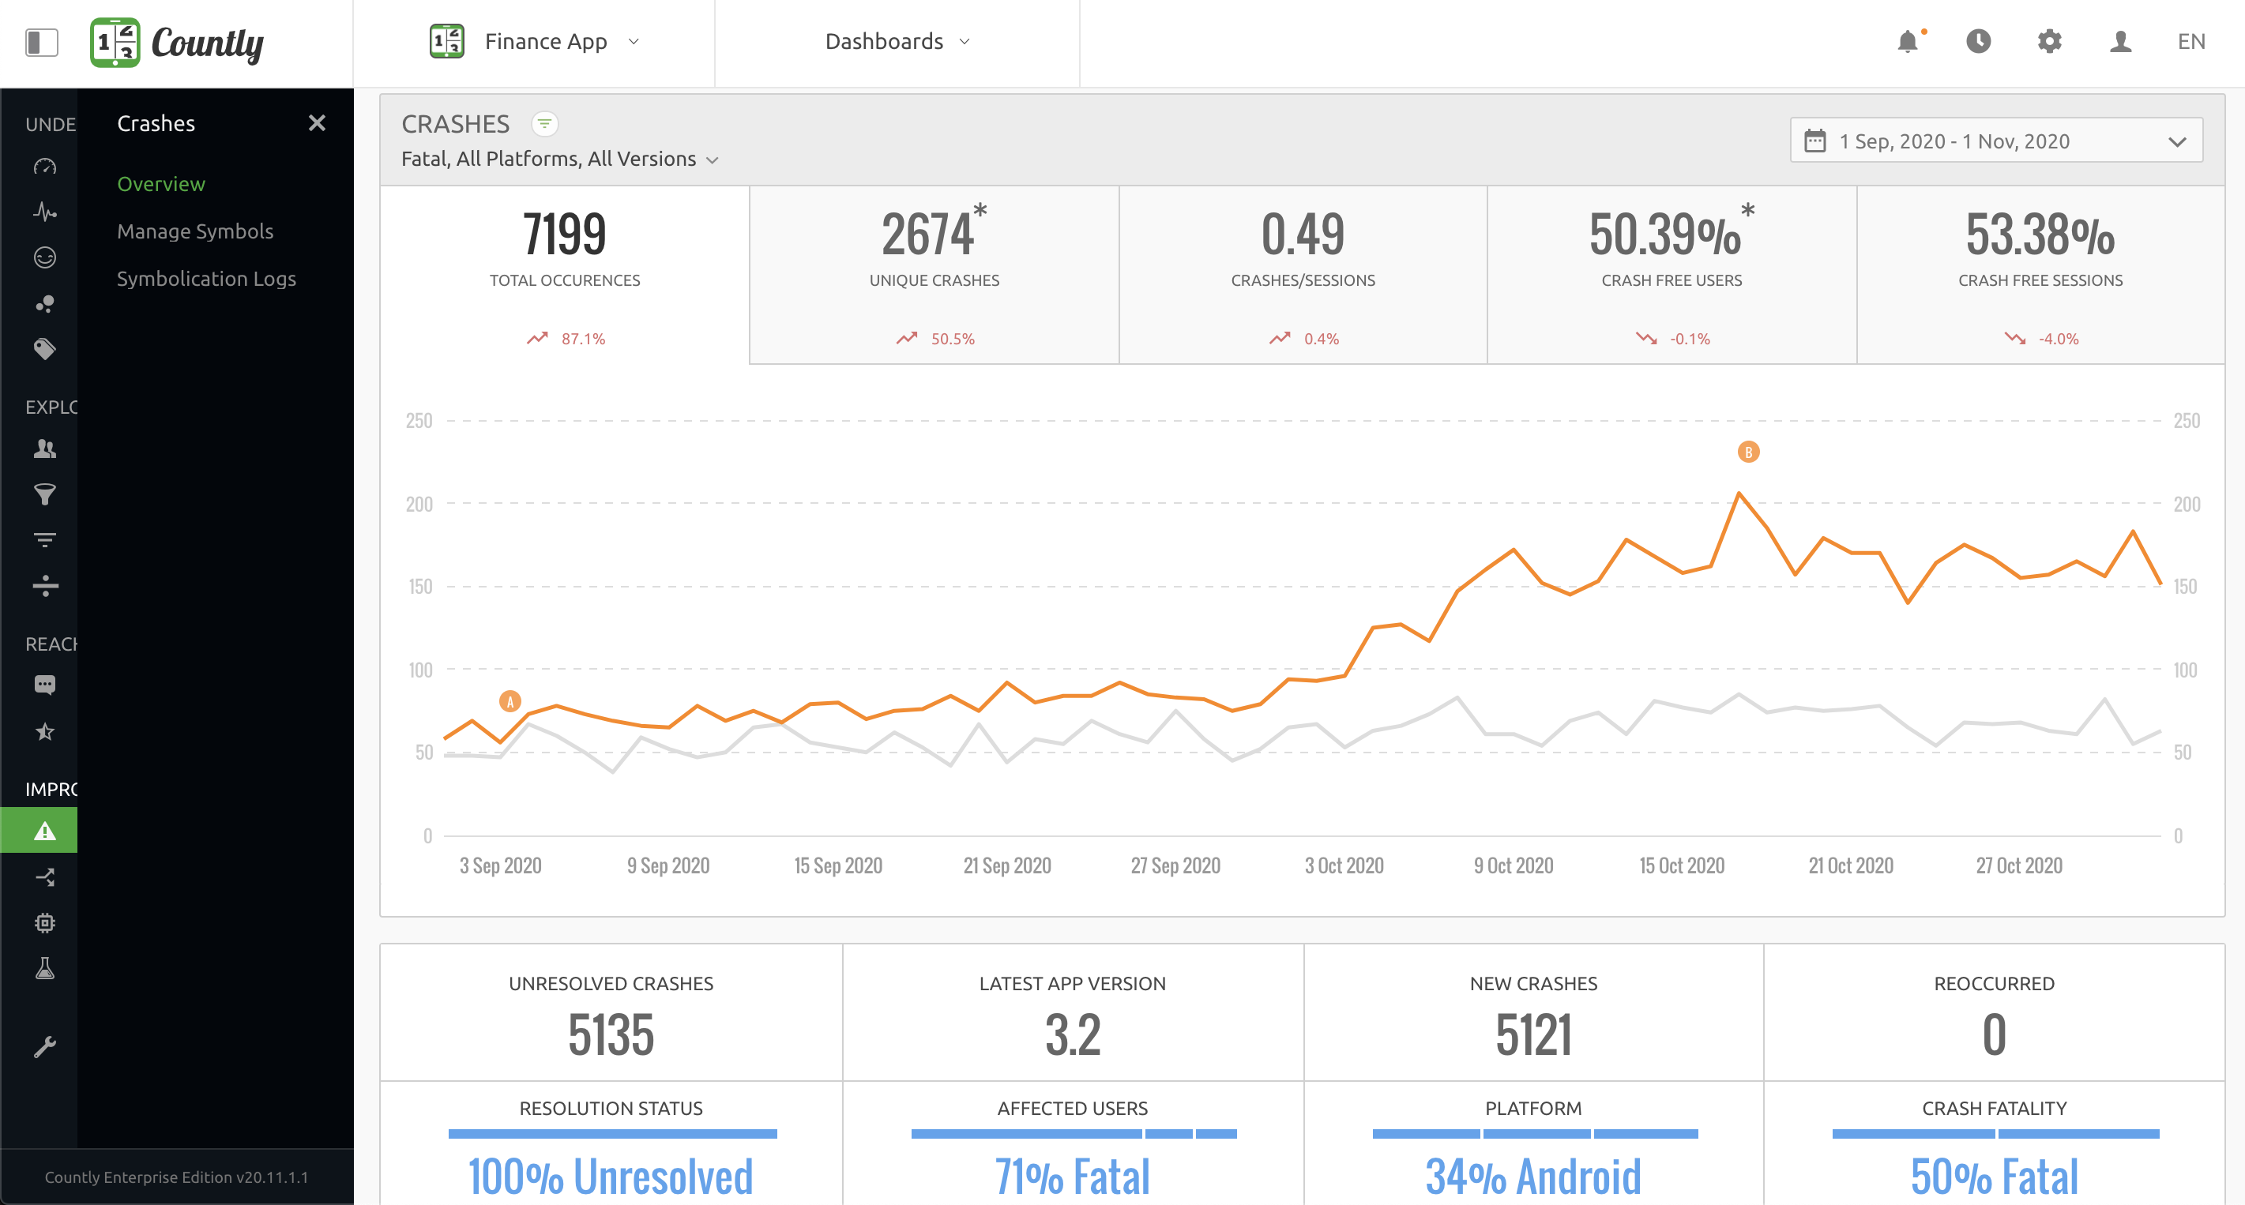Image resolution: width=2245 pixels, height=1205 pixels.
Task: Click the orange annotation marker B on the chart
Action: coord(1747,452)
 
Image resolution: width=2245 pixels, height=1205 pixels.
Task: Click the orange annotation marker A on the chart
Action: coord(510,701)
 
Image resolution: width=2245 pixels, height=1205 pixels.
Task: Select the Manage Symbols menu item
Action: coord(194,231)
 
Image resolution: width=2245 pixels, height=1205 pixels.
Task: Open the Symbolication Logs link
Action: coord(205,279)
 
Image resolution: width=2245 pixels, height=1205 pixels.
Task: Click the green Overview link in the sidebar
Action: coord(161,184)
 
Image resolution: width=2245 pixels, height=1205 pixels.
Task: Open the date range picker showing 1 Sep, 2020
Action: coord(1995,141)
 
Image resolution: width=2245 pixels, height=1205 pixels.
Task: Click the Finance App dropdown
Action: coord(546,41)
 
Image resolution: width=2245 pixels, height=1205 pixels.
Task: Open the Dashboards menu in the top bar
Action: coord(897,41)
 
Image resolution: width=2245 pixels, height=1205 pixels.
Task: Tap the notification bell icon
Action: coord(1907,41)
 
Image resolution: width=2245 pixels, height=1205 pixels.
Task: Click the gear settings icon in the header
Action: coord(2049,41)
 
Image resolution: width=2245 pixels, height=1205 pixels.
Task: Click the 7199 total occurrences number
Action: coord(564,235)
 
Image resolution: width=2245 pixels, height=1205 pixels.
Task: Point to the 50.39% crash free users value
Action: coord(1664,235)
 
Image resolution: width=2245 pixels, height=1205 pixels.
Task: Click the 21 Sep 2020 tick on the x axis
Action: coord(1006,865)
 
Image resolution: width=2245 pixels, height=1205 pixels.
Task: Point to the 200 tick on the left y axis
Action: coord(419,504)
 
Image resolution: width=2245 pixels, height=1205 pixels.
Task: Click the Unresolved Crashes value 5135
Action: coord(610,1035)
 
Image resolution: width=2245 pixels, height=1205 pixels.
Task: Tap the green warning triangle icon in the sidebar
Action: coord(44,831)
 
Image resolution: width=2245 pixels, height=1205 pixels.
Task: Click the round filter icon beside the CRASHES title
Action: coord(545,124)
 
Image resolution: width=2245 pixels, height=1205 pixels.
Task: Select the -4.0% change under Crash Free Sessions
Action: coord(2058,339)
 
